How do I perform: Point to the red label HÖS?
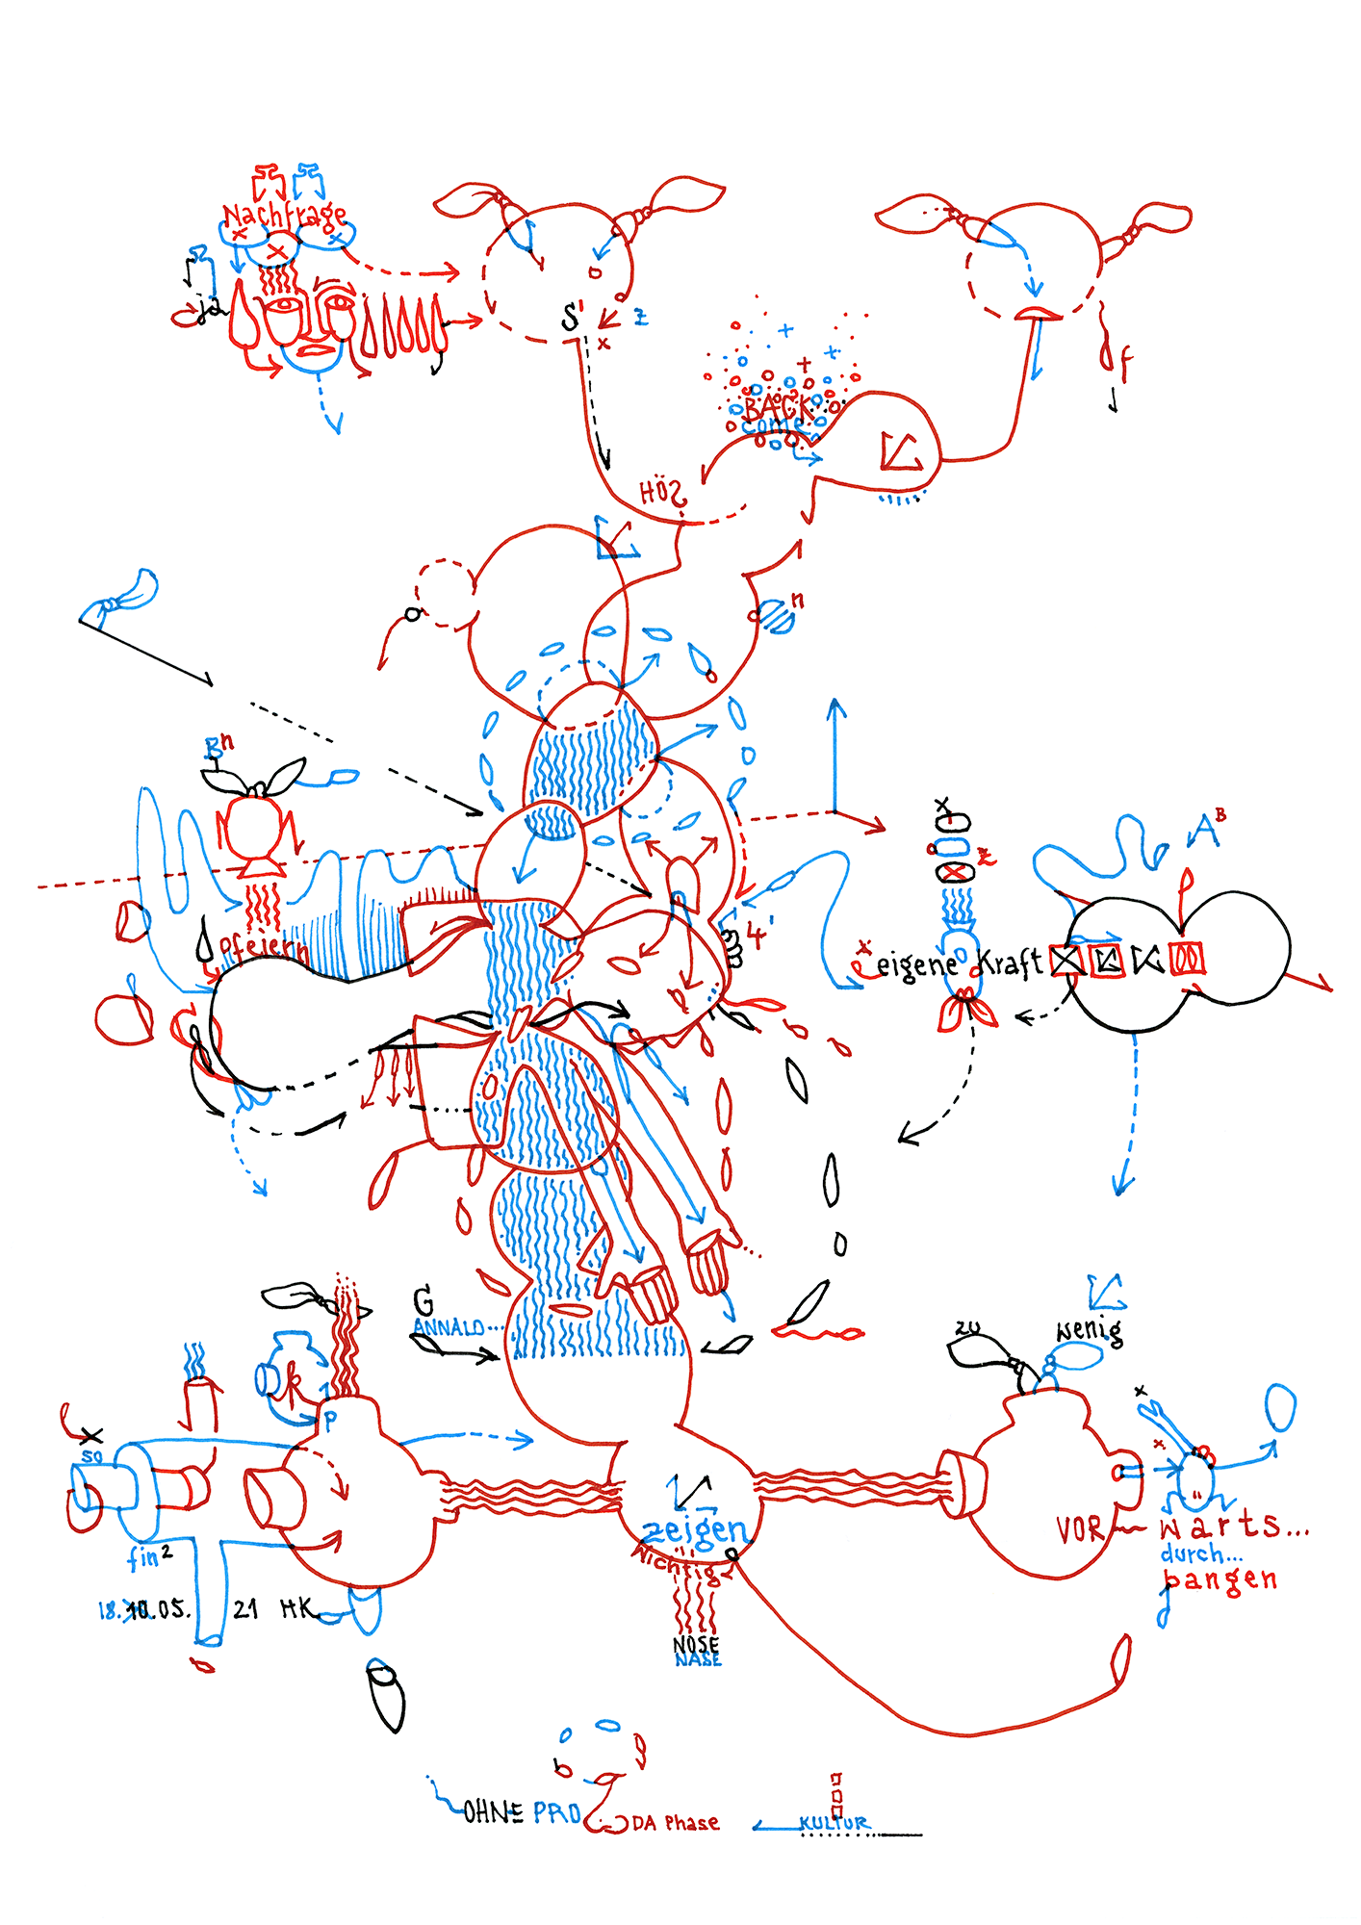click(662, 494)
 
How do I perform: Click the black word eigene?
click(916, 963)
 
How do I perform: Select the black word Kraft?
click(1010, 962)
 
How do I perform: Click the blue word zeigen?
click(694, 1529)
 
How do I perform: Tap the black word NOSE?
click(696, 1644)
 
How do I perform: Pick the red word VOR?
click(1079, 1529)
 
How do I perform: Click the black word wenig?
click(1090, 1331)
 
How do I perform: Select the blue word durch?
click(1199, 1553)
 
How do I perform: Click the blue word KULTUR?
click(834, 1822)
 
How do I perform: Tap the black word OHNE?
click(494, 1813)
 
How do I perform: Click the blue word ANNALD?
click(449, 1328)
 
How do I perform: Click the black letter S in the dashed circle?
click(572, 316)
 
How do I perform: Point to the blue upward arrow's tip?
click(836, 702)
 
